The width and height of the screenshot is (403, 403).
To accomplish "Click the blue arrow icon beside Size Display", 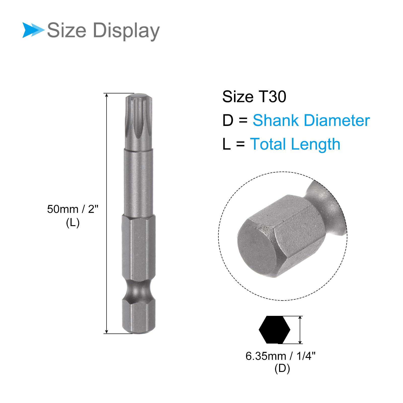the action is point(33,30).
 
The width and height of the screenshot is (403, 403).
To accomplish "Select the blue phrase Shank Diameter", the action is point(311,120).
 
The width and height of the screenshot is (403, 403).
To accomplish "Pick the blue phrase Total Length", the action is point(295,144).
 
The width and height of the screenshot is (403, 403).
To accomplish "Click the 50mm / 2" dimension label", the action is point(73,209).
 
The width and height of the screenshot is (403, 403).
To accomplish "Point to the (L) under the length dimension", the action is point(73,223).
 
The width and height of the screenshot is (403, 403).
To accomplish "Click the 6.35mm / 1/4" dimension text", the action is point(281,356).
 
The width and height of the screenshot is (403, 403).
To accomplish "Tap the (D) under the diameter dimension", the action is point(282,369).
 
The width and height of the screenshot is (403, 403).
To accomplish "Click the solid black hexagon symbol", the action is point(275,329).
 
